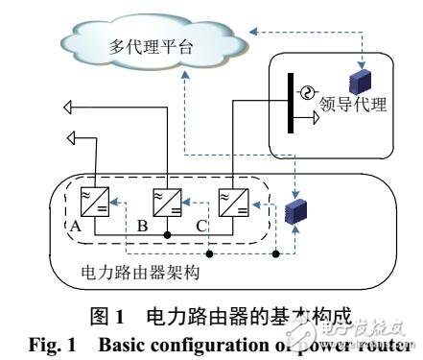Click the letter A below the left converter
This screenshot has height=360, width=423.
tap(74, 227)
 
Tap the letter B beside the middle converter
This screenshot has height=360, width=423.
tap(143, 228)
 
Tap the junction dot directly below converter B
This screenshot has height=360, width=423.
tap(167, 233)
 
